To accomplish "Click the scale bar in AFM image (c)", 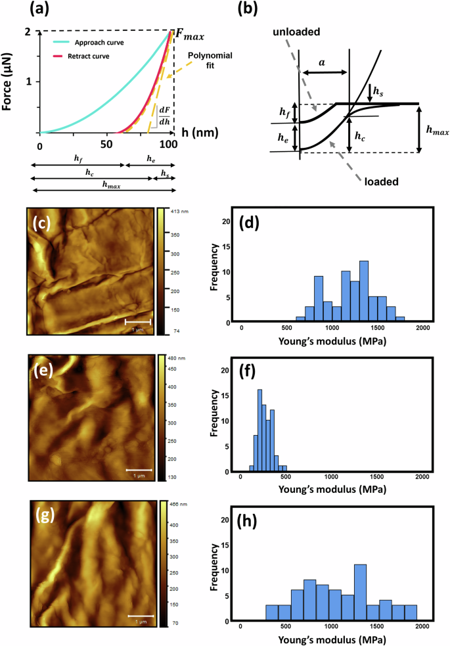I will (138, 321).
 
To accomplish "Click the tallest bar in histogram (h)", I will (359, 591).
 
